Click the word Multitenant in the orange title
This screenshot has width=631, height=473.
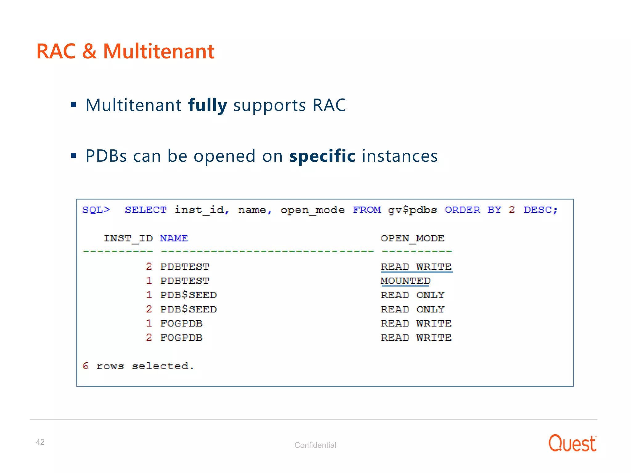158,51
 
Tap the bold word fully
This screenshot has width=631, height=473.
207,105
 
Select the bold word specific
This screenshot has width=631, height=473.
322,156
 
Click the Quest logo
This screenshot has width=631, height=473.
572,443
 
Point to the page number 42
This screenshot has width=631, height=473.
40,442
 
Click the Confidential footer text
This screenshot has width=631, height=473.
315,445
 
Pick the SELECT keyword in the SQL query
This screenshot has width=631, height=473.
145,210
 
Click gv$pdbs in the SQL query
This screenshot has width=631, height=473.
412,210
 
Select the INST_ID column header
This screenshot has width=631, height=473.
128,238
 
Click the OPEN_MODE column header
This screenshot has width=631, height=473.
413,238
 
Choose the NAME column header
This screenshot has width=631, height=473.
174,238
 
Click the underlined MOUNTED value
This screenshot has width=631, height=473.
405,281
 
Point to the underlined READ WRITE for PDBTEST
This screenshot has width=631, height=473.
416,267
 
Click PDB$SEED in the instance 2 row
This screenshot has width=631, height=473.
189,309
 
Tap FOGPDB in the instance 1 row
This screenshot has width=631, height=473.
181,323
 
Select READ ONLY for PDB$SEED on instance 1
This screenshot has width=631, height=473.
413,295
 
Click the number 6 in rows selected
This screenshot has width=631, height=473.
86,366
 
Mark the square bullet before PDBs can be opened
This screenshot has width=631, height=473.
73,155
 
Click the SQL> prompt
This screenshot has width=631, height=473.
96,210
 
